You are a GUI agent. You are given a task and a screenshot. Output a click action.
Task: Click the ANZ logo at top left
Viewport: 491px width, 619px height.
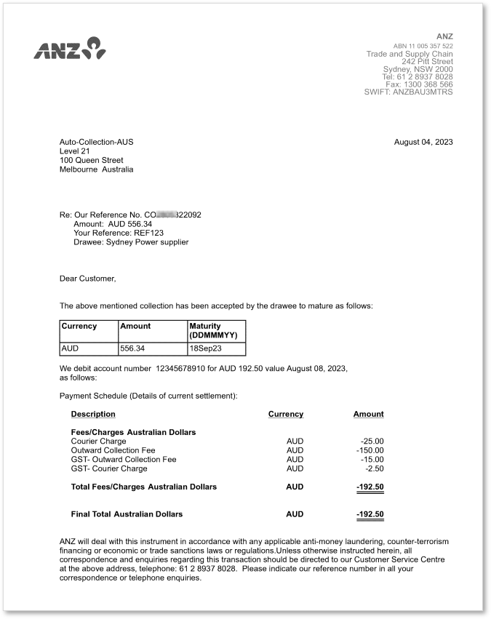[70, 49]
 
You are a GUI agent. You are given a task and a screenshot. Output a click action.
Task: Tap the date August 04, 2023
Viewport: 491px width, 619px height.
[423, 142]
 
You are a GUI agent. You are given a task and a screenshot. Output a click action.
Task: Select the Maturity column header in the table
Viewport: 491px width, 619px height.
[214, 330]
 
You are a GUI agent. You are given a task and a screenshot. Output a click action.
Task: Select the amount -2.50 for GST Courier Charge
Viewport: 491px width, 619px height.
[374, 468]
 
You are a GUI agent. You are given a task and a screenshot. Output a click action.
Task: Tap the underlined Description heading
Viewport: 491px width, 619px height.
[93, 414]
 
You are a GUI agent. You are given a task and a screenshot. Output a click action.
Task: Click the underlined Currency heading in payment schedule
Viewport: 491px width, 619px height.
[285, 414]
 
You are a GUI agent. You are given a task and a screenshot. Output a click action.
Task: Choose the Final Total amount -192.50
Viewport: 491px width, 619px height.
[370, 514]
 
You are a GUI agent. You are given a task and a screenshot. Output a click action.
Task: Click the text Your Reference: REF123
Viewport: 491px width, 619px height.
[119, 233]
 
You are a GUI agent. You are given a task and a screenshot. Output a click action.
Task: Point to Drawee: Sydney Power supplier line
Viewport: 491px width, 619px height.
[131, 242]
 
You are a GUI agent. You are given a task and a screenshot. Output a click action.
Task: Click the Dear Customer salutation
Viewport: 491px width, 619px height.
[88, 279]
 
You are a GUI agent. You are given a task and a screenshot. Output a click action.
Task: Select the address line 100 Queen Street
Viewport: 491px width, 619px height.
[92, 160]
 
